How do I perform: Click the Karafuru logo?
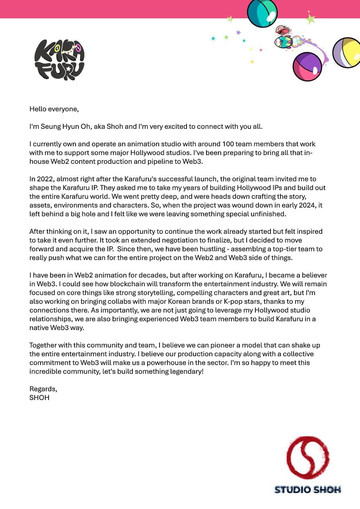pyautogui.click(x=60, y=60)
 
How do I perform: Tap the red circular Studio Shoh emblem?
pyautogui.click(x=308, y=457)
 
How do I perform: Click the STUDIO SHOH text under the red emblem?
pyautogui.click(x=307, y=490)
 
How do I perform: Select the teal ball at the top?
pyautogui.click(x=262, y=12)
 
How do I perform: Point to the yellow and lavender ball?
pyautogui.click(x=347, y=53)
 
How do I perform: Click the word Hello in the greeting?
pyautogui.click(x=38, y=109)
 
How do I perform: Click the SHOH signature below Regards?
pyautogui.click(x=39, y=398)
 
